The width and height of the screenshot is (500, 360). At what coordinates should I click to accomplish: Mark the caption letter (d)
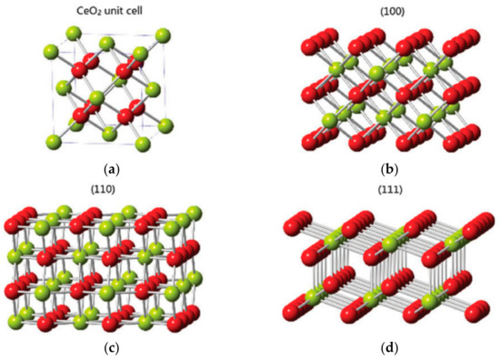(375, 345)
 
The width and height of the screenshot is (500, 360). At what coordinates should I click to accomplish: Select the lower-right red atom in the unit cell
(129, 115)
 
